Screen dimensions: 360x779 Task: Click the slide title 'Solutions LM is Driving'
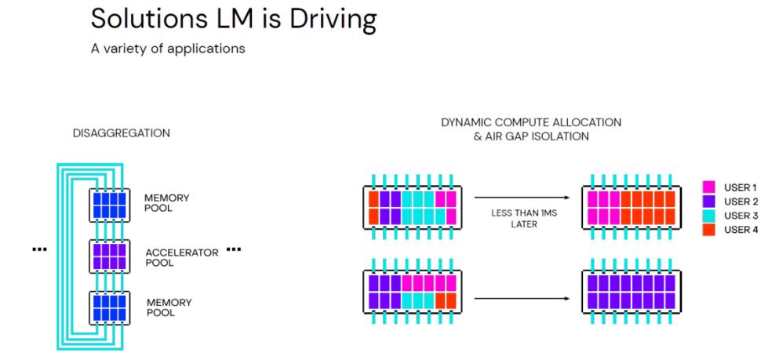pos(234,19)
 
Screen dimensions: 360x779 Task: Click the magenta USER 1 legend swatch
pos(709,187)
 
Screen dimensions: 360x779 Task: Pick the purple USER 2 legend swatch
pos(709,202)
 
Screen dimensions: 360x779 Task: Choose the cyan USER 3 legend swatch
pos(709,216)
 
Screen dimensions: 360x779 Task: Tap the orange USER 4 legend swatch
pos(709,230)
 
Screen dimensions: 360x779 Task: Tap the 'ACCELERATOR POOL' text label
pos(181,256)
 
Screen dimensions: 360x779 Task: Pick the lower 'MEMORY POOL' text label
pos(169,307)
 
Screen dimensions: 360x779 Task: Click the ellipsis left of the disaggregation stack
pos(38,250)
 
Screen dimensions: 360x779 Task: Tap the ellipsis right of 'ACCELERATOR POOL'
pos(234,250)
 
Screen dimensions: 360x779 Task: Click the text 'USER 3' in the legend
pos(741,216)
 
